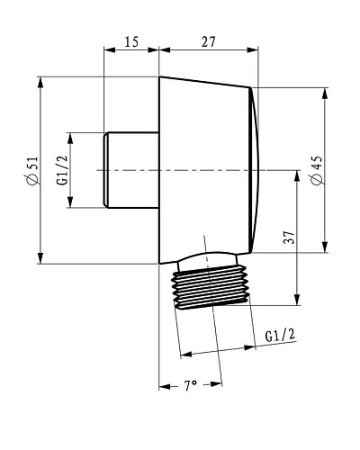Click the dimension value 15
(x=131, y=41)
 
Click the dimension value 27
(x=209, y=41)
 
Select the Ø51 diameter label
(x=31, y=170)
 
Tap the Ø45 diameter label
(x=317, y=170)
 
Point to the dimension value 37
(x=290, y=238)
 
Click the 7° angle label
(x=190, y=385)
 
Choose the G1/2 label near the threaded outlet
(x=281, y=335)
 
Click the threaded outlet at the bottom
(x=211, y=287)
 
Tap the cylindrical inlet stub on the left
(x=131, y=170)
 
